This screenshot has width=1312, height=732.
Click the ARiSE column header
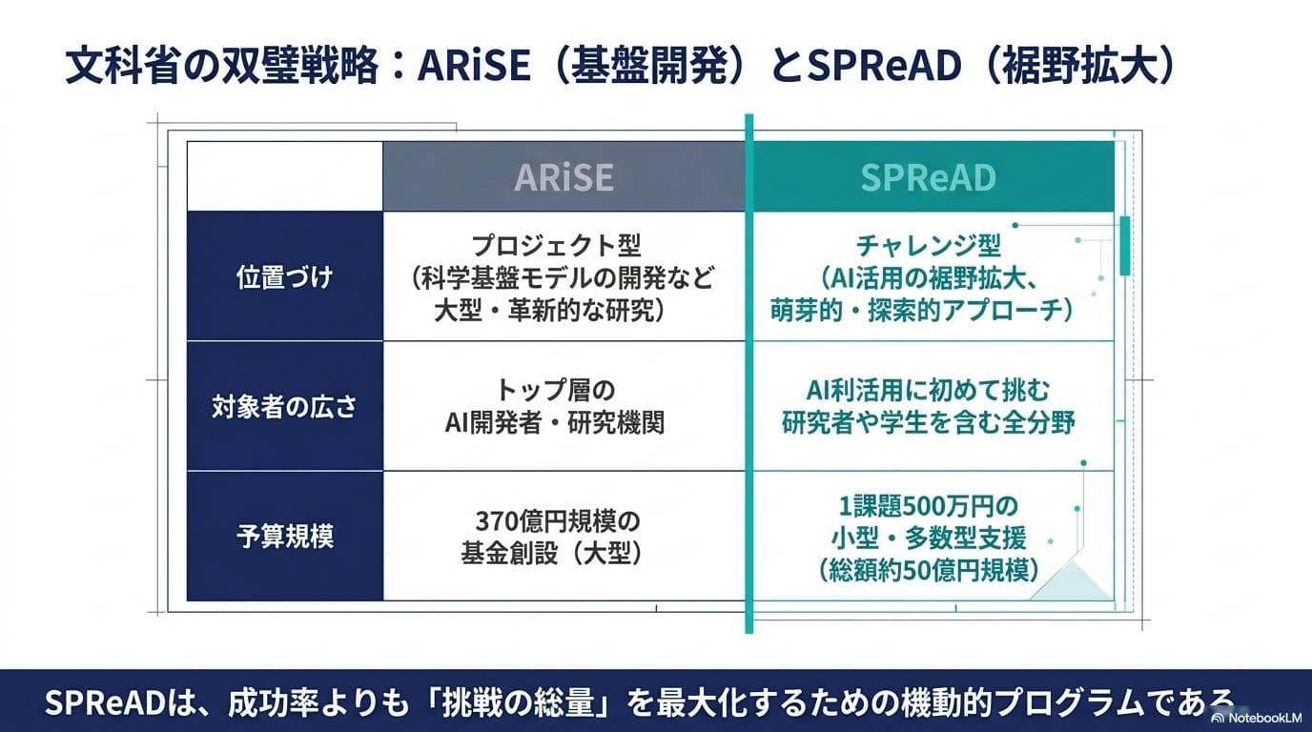[x=564, y=177]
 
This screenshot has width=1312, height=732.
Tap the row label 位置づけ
[x=284, y=277]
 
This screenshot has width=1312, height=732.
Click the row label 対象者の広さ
[x=284, y=407]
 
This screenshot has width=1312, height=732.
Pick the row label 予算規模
[x=284, y=537]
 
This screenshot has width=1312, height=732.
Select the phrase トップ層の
[x=556, y=390]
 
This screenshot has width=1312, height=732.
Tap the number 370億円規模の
[x=557, y=521]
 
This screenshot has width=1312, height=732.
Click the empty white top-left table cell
[x=284, y=176]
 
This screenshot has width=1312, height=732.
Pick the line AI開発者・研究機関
[x=556, y=423]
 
